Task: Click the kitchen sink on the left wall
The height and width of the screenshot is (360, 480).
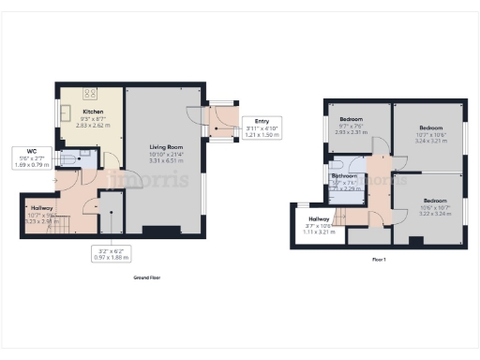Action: (x=65, y=112)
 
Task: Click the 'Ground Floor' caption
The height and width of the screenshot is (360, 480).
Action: (x=146, y=277)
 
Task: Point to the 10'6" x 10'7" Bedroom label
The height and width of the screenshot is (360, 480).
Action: (x=435, y=205)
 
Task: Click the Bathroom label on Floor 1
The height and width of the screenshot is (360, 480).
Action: (x=344, y=179)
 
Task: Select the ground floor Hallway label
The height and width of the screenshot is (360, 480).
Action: (x=41, y=212)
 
